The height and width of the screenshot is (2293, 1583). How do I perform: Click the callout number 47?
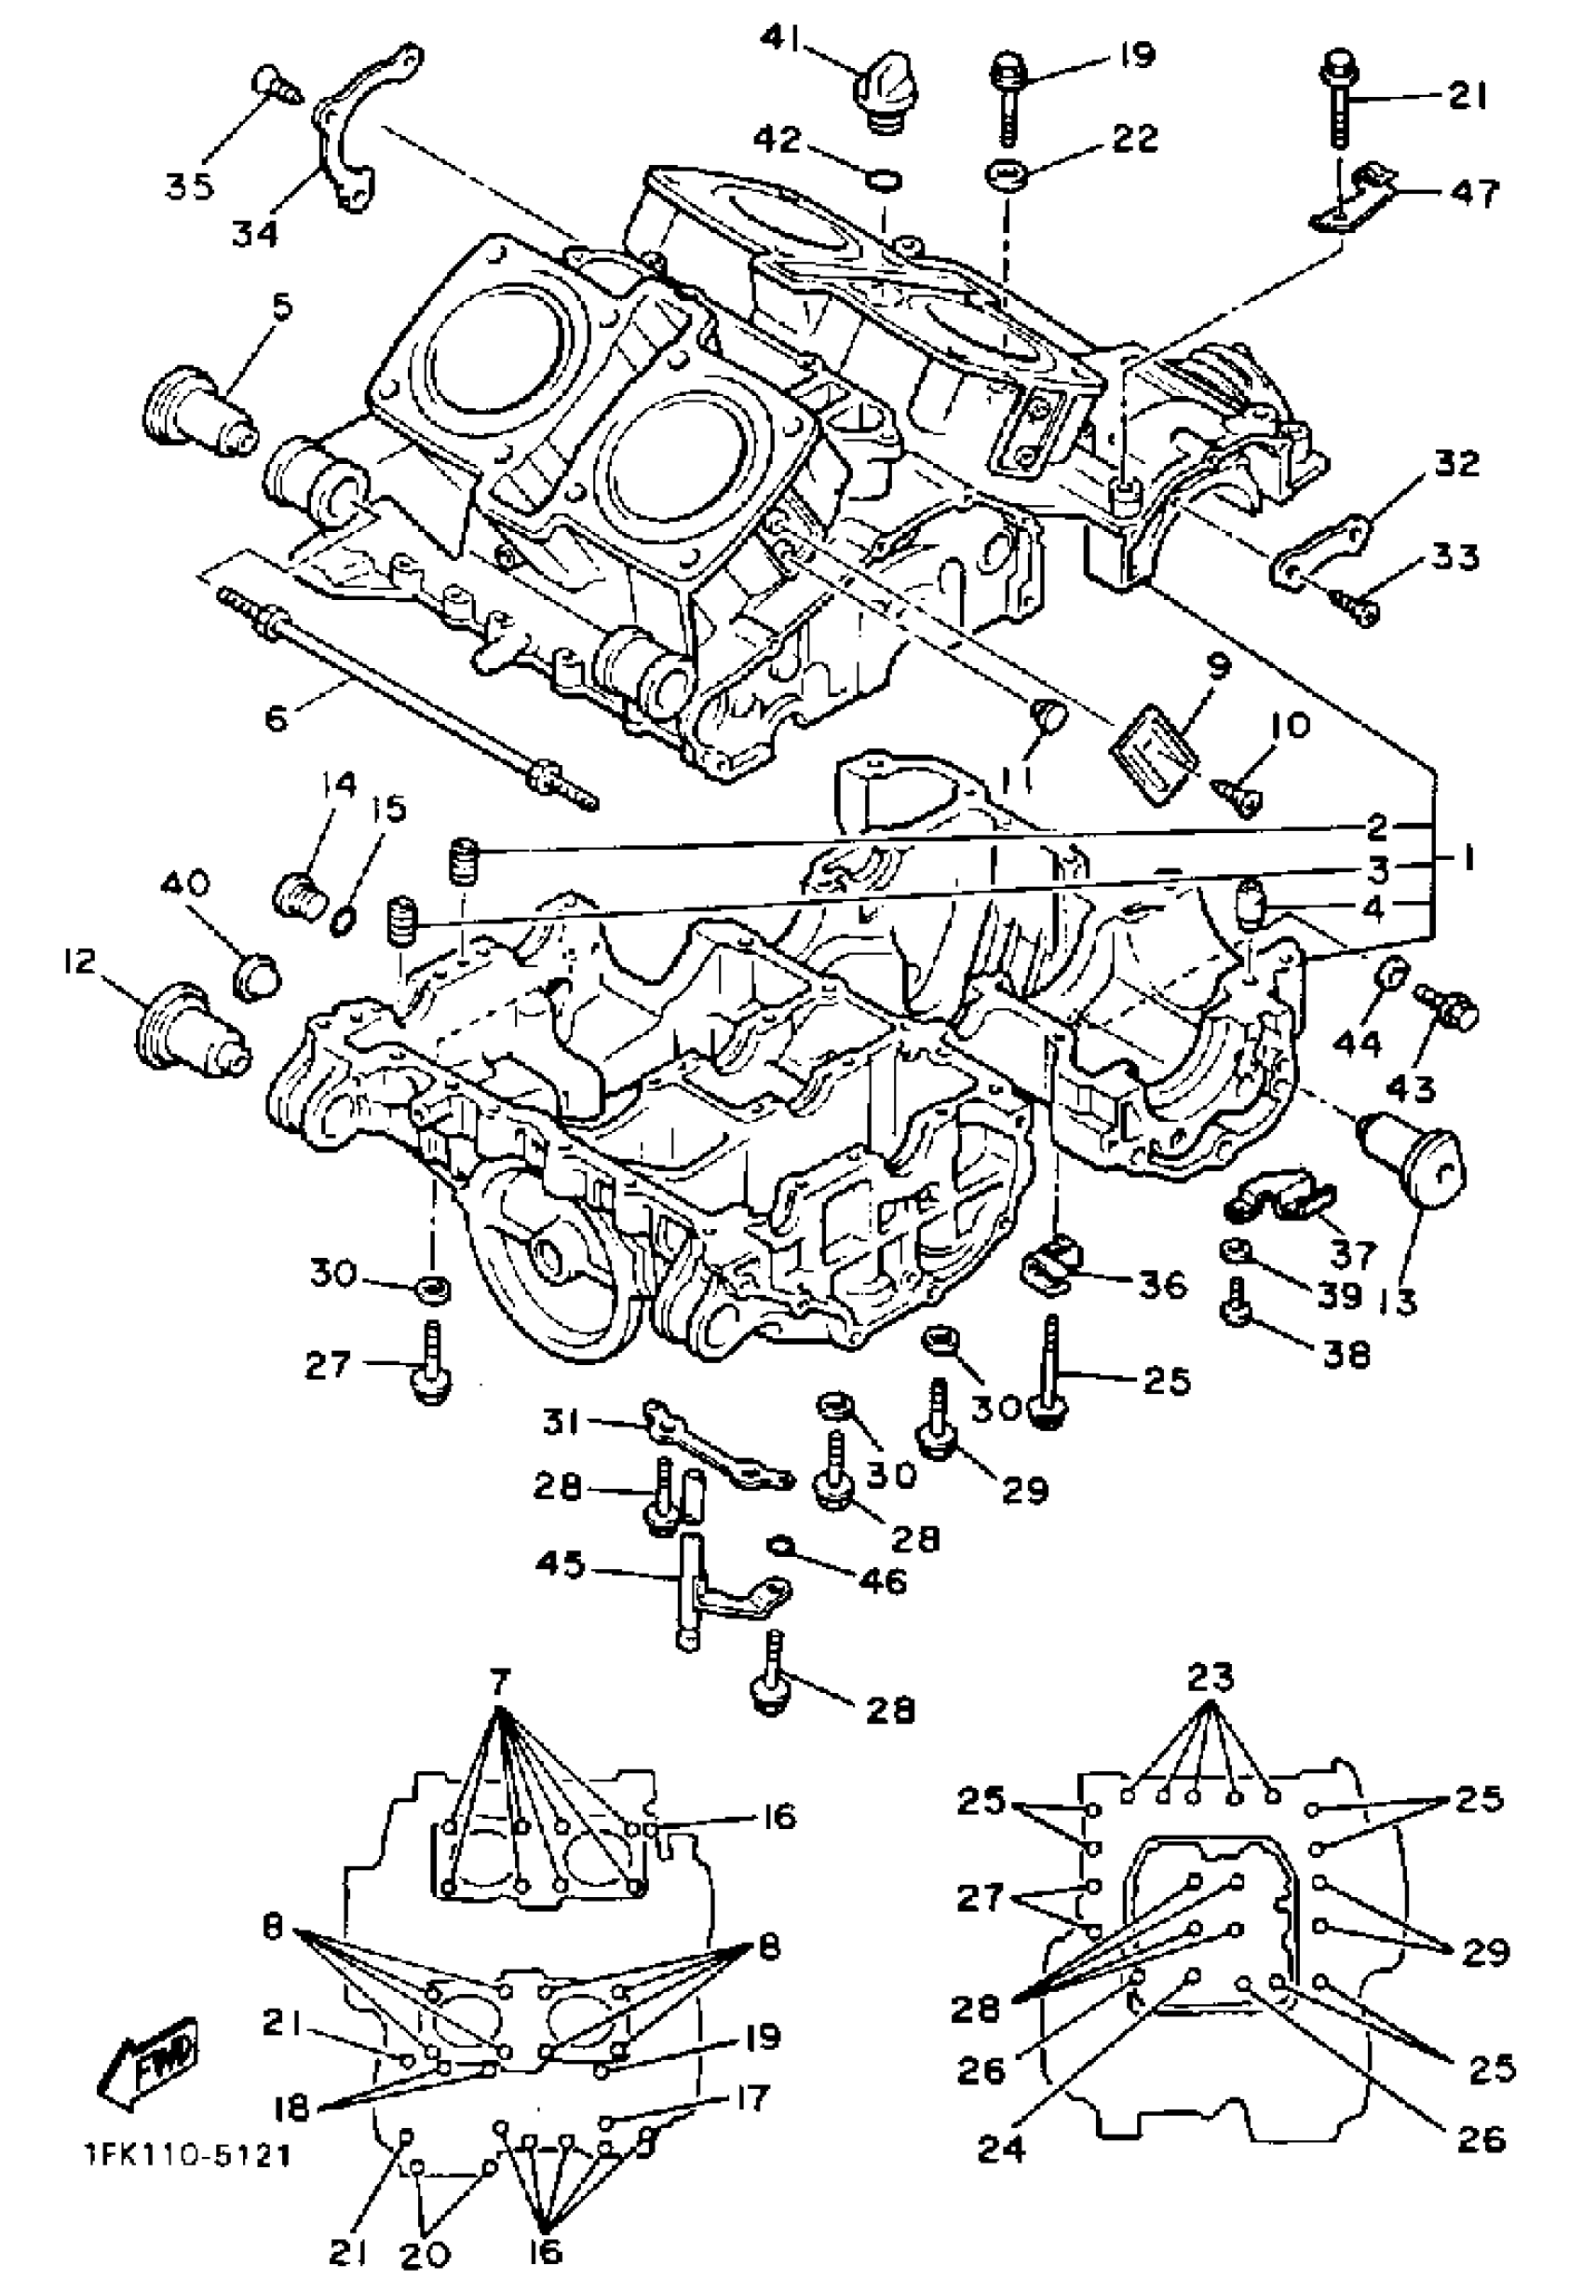pyautogui.click(x=1474, y=193)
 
